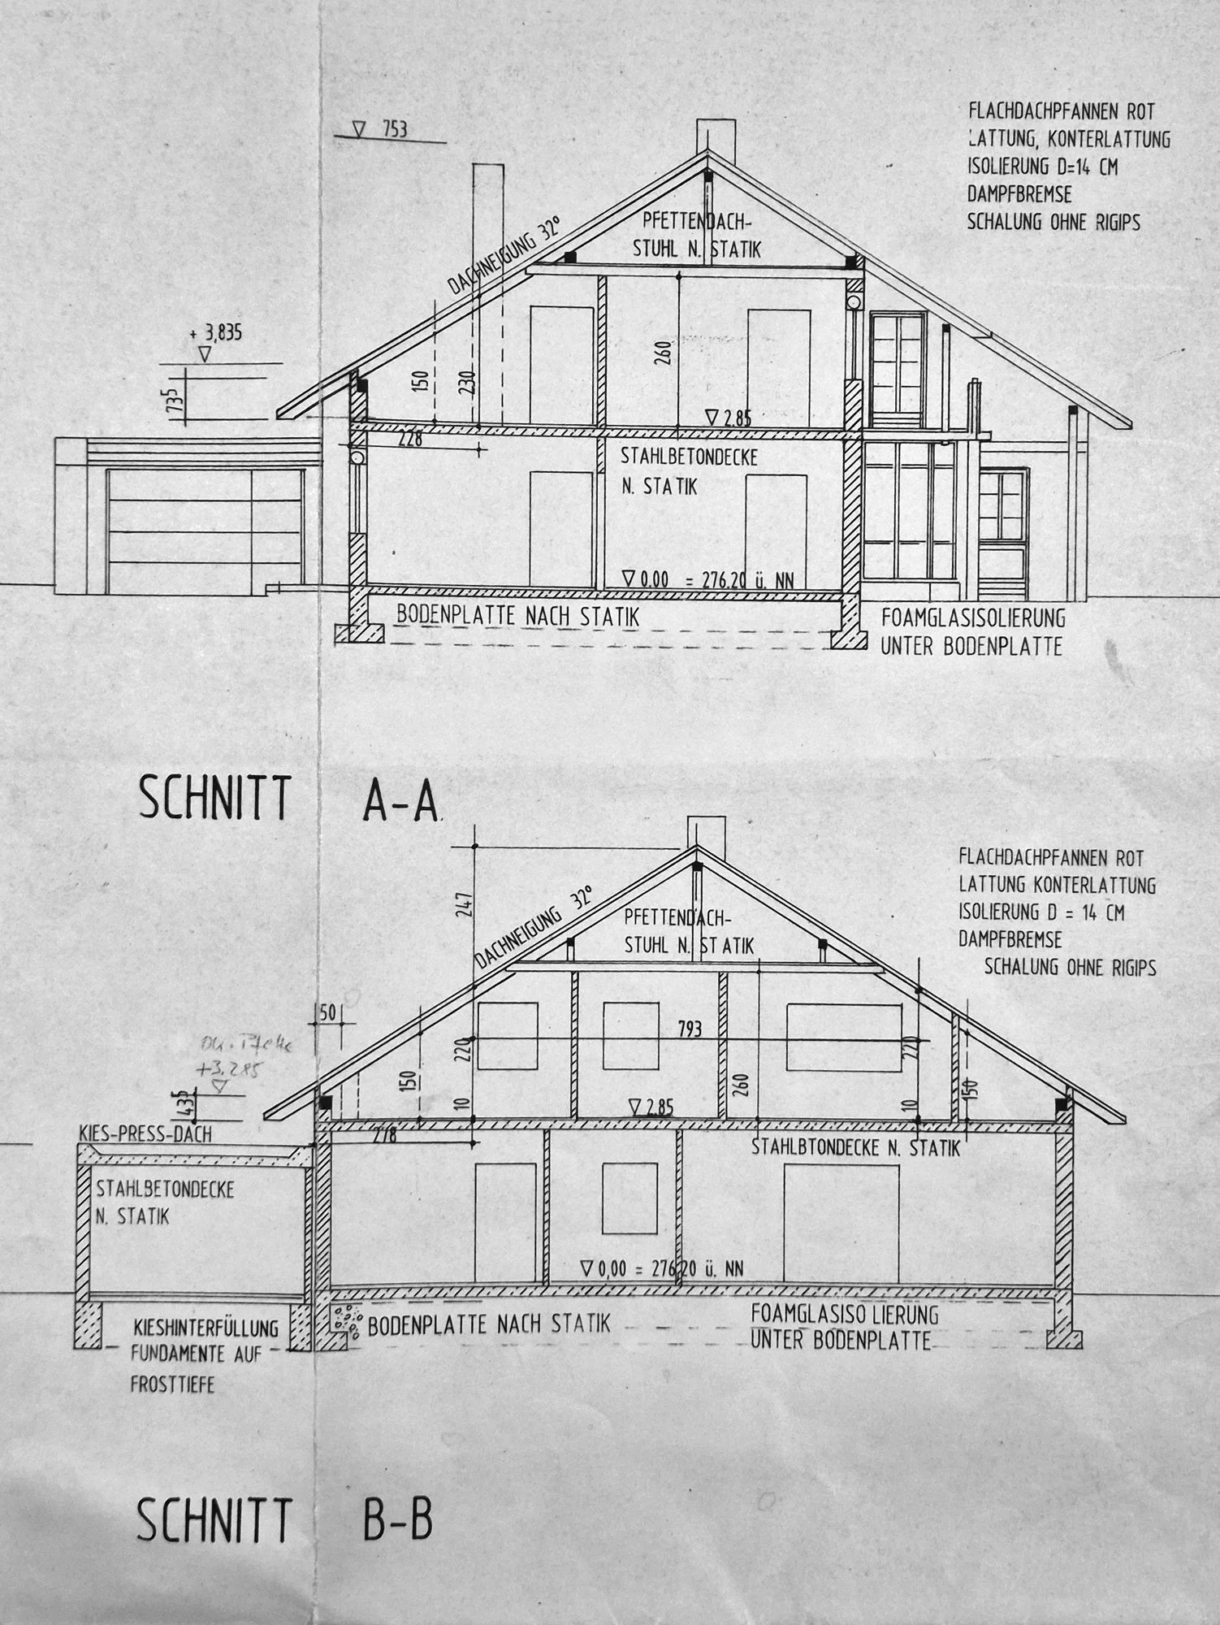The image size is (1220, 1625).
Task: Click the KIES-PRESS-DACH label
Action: (x=145, y=1133)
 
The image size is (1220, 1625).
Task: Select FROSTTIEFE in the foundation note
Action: (x=172, y=1384)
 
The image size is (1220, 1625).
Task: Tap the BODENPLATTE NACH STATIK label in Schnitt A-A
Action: (x=517, y=617)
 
